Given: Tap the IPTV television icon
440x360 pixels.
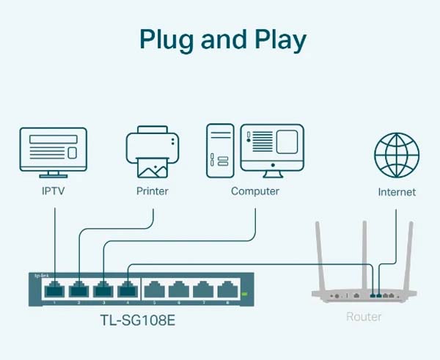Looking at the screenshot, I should [53, 152].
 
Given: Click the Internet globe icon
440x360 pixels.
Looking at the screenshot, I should [397, 155].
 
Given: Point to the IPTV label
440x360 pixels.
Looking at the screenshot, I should [54, 191].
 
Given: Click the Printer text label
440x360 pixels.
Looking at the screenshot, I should [153, 191].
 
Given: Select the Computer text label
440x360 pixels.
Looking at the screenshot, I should [255, 191].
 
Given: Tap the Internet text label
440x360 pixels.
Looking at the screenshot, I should [397, 192].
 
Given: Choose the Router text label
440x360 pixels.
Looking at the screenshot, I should [364, 317].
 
